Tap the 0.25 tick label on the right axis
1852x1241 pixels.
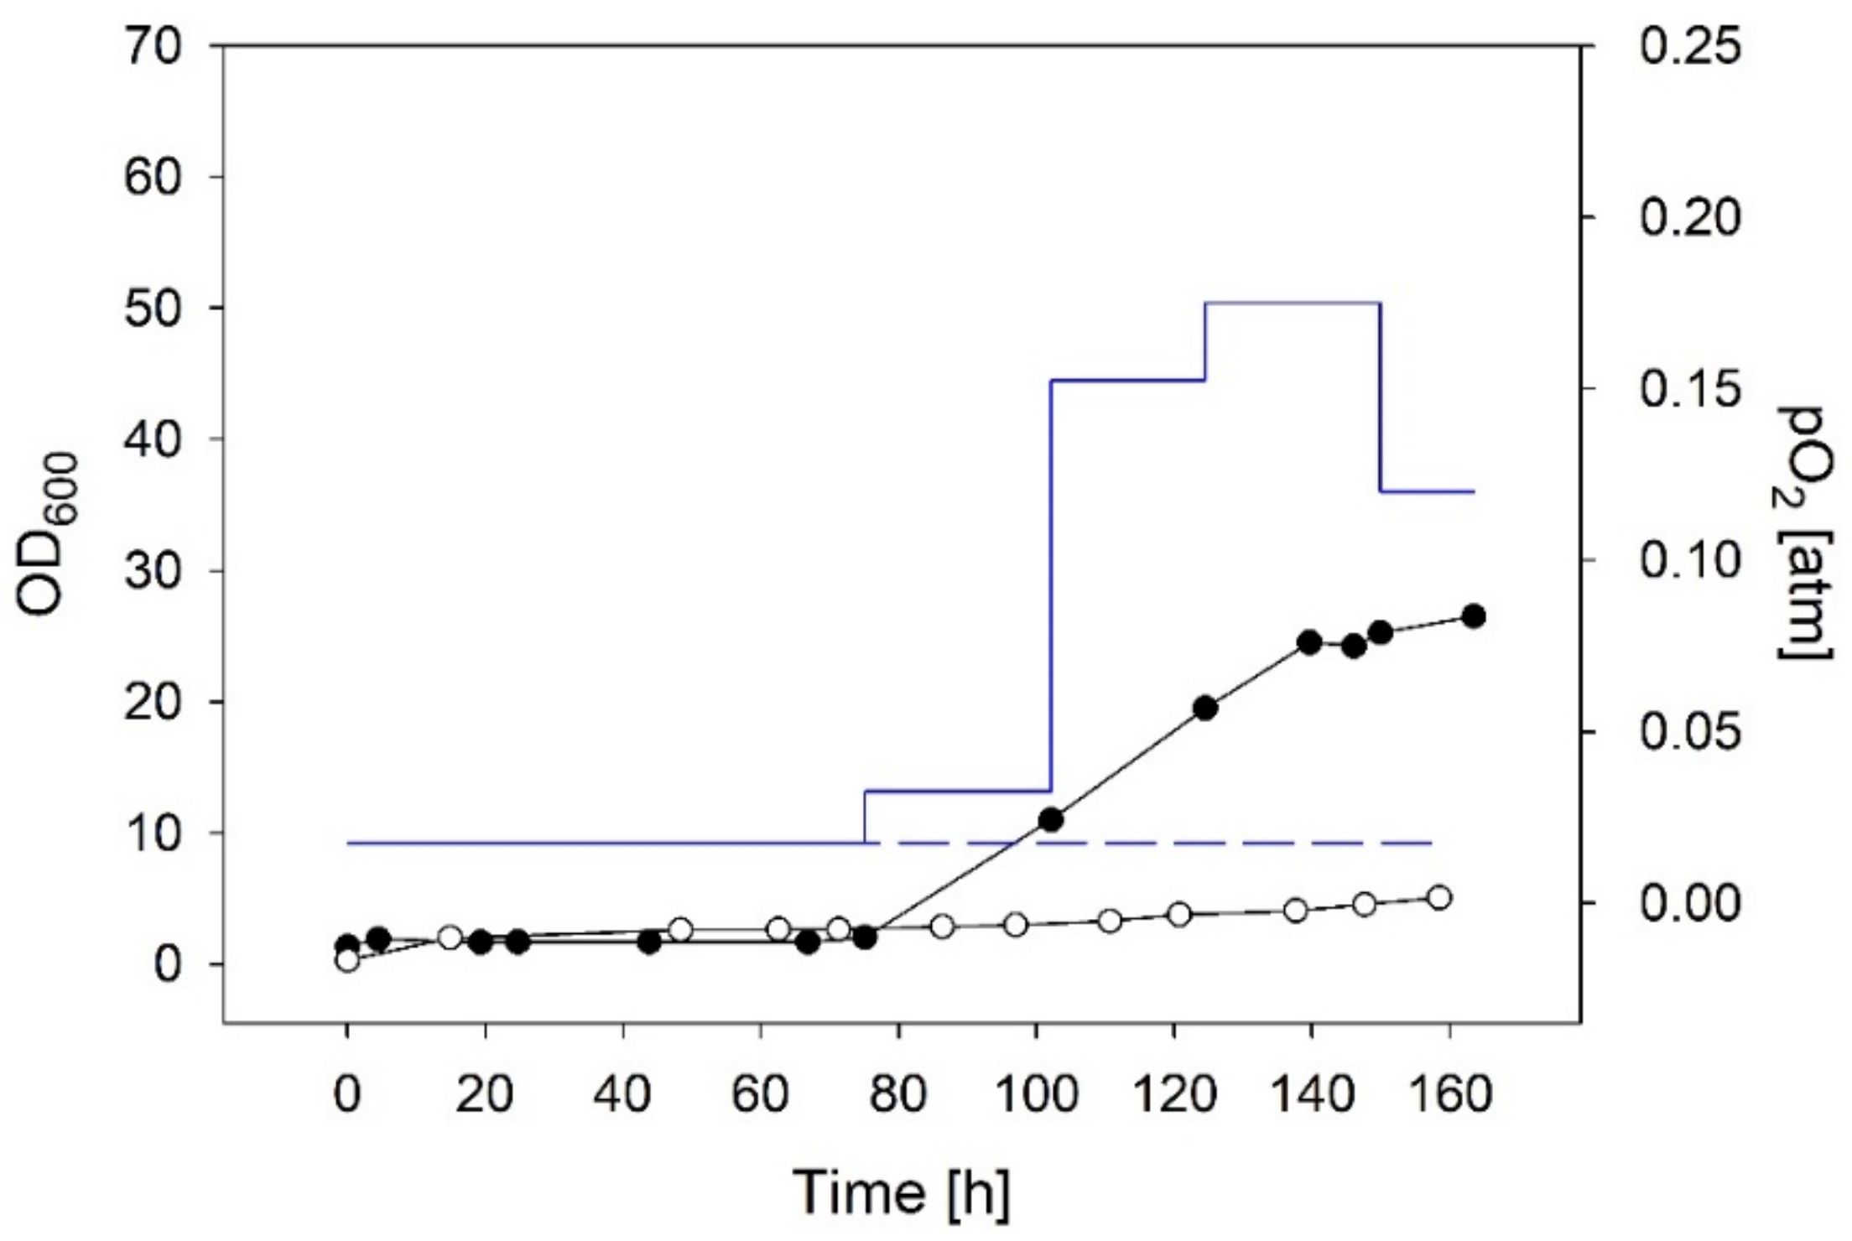pyautogui.click(x=1689, y=47)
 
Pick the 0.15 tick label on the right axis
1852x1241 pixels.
pyautogui.click(x=1689, y=390)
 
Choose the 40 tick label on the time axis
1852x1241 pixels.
pyautogui.click(x=622, y=1094)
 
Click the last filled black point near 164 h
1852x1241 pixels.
pyautogui.click(x=1474, y=616)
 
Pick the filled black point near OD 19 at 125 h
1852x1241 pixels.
pyautogui.click(x=1205, y=709)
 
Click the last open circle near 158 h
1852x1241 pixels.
pyautogui.click(x=1439, y=897)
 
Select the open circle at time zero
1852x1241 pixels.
pyautogui.click(x=347, y=960)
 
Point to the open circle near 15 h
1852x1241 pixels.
pyautogui.click(x=450, y=937)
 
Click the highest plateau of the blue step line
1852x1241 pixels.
pyautogui.click(x=1292, y=303)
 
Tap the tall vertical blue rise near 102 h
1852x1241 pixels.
pyautogui.click(x=1051, y=587)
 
